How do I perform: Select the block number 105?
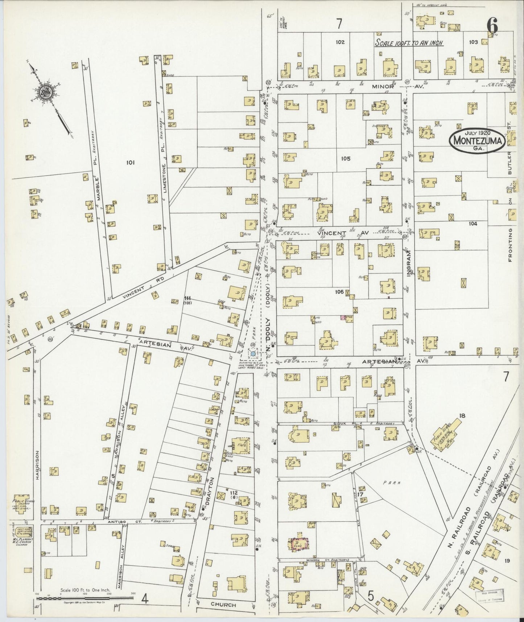pos(346,159)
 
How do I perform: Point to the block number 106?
pos(339,291)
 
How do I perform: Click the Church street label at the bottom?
pos(223,605)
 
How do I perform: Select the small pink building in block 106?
pos(342,318)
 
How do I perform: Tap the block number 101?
pos(131,163)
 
